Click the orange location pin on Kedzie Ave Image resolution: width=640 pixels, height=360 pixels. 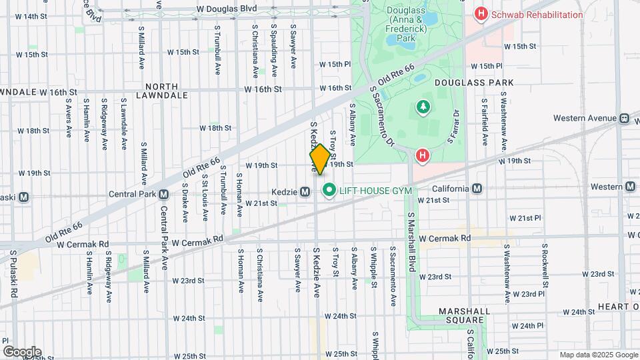click(319, 159)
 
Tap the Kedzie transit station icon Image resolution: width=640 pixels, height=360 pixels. click(305, 191)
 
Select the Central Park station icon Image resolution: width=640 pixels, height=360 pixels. click(163, 195)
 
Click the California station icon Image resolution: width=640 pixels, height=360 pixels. click(477, 189)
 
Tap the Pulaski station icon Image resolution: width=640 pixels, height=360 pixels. click(24, 197)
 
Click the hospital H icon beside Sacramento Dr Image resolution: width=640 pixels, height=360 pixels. click(421, 157)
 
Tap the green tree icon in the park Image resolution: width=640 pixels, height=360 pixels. click(422, 107)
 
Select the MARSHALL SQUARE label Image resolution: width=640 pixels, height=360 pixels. click(465, 315)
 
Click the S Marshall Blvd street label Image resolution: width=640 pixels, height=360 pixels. click(412, 242)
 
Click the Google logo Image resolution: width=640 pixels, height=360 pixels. click(22, 351)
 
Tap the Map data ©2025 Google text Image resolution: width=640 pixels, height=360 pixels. click(598, 355)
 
